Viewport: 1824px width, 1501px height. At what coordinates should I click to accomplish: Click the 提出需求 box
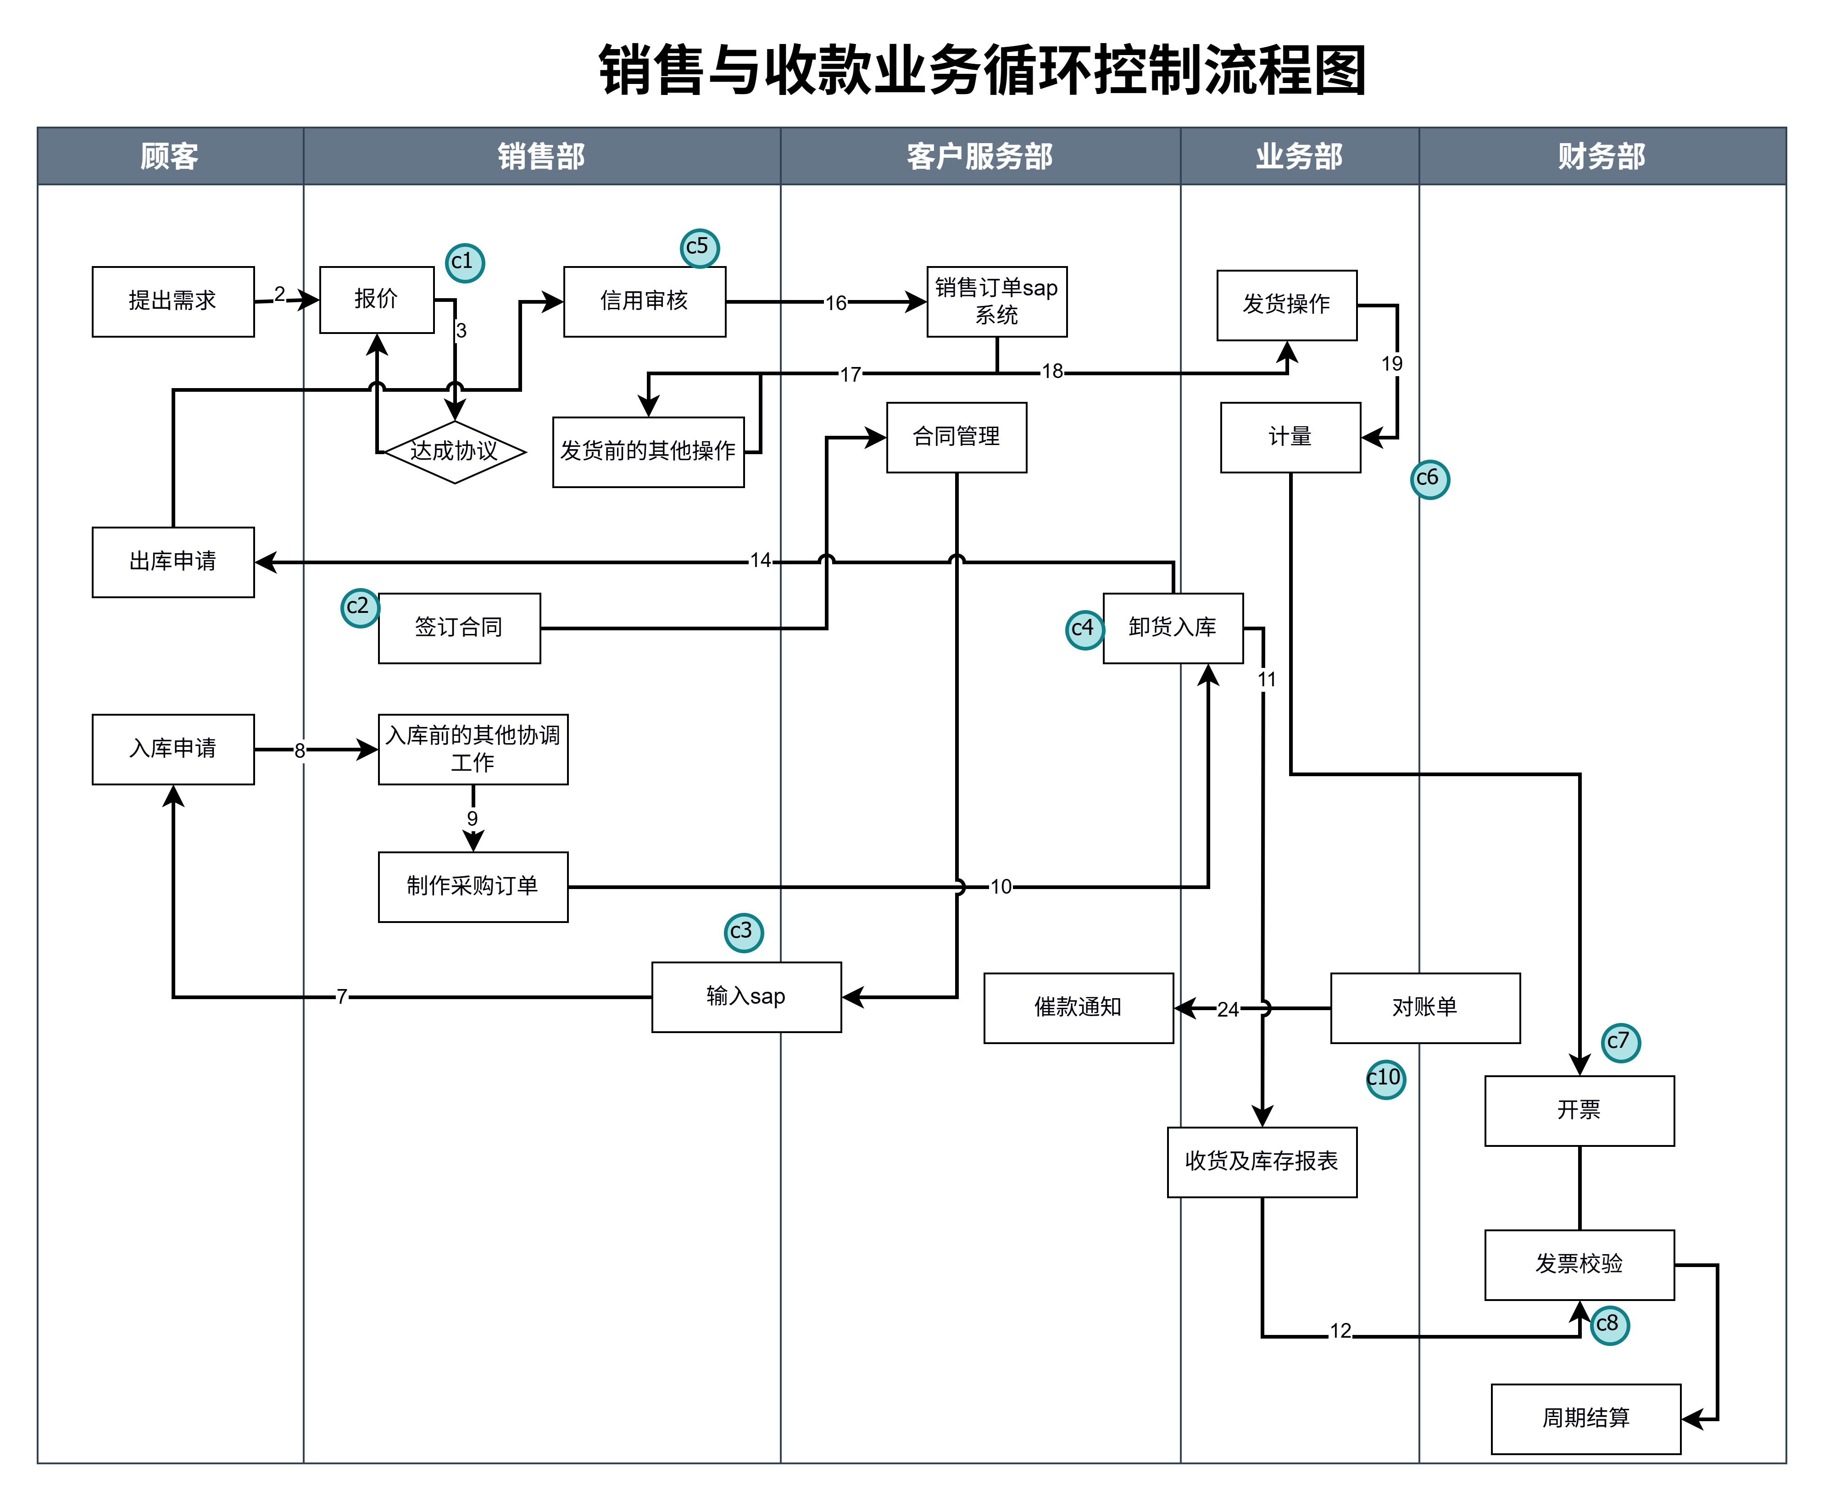coord(173,301)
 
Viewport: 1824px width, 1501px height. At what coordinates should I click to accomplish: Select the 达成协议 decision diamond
coord(455,451)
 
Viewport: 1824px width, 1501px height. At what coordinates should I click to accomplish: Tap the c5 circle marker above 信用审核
coord(699,248)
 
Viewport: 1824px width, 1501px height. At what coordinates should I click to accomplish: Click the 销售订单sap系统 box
coord(997,301)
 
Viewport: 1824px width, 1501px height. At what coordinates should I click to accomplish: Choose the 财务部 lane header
coord(1602,156)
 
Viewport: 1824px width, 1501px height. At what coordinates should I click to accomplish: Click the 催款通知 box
coord(1078,1007)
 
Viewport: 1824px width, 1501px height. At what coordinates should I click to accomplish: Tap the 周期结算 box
coord(1585,1418)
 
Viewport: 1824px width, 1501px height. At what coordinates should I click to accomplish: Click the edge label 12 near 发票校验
coord(1340,1331)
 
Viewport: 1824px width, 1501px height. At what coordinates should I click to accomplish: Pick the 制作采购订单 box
coord(473,886)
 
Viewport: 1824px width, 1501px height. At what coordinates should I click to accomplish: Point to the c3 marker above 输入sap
coord(744,932)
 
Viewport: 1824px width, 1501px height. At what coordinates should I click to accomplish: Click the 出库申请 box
coord(173,562)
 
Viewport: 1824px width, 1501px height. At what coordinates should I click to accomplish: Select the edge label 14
coord(760,560)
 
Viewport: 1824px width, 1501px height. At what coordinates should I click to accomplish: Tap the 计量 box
coord(1290,438)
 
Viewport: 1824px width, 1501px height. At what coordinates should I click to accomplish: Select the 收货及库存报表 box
coord(1261,1161)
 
